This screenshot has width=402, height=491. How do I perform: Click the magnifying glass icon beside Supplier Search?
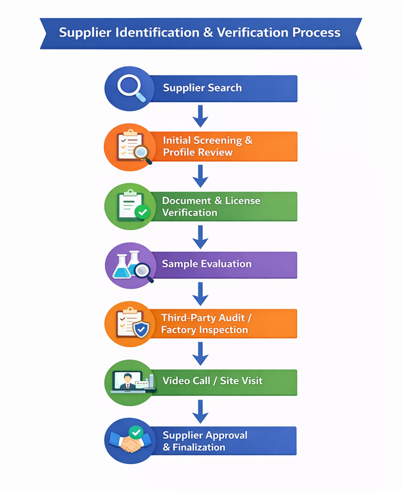click(x=131, y=88)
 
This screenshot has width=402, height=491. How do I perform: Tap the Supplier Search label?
click(x=202, y=88)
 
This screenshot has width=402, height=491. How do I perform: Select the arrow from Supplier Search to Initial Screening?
click(x=201, y=116)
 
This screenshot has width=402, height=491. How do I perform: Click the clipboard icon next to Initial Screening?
click(x=128, y=146)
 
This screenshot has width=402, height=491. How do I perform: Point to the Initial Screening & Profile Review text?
click(x=207, y=146)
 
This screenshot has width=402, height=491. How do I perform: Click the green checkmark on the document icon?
click(x=142, y=212)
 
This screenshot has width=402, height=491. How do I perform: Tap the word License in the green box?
click(x=243, y=200)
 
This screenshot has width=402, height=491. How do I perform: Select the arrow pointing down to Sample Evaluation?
click(x=201, y=236)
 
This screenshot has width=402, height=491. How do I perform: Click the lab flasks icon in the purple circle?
click(x=127, y=264)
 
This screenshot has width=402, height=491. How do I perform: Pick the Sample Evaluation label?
click(x=206, y=264)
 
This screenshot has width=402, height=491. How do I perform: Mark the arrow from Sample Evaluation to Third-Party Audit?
click(x=201, y=293)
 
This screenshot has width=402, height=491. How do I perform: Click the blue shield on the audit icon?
click(x=141, y=329)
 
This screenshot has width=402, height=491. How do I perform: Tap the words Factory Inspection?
click(x=204, y=330)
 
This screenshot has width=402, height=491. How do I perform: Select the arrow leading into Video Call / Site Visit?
click(x=201, y=353)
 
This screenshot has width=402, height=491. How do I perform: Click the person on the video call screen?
click(x=127, y=382)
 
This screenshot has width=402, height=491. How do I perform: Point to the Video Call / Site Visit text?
click(x=213, y=380)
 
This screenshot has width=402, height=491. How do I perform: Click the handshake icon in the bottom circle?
click(x=130, y=444)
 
